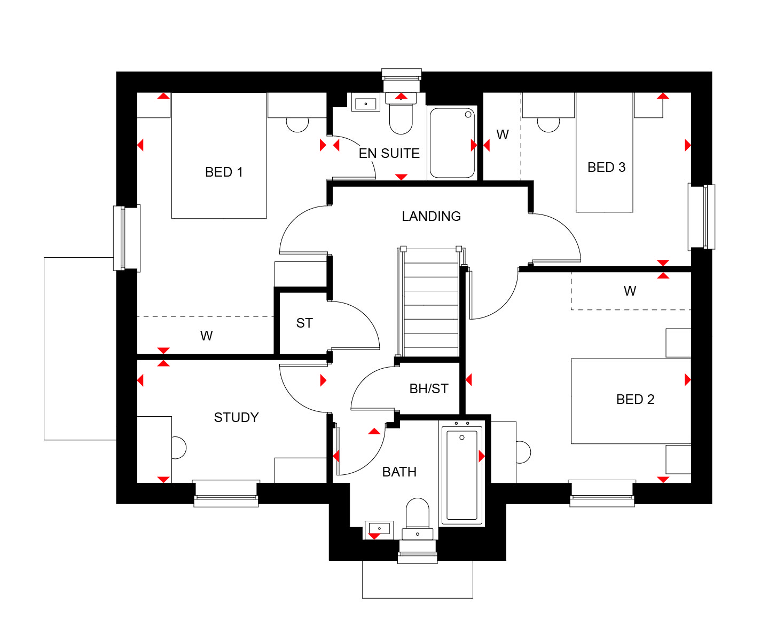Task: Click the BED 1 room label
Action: tap(224, 172)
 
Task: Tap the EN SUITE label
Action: tap(389, 153)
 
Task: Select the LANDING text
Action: tap(431, 216)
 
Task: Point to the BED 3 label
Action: tap(606, 167)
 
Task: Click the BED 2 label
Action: tap(635, 400)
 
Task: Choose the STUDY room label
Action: tap(236, 417)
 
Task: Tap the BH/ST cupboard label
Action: tap(429, 389)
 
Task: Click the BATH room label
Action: tap(399, 472)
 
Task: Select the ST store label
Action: tap(304, 323)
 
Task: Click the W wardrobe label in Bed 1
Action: tap(206, 336)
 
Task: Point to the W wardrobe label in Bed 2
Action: tap(630, 291)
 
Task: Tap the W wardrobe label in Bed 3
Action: tap(503, 134)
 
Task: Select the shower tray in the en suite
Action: tap(452, 142)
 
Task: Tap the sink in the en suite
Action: tap(365, 104)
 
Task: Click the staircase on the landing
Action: tap(430, 302)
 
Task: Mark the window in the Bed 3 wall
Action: tap(702, 217)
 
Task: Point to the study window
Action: tap(226, 494)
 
